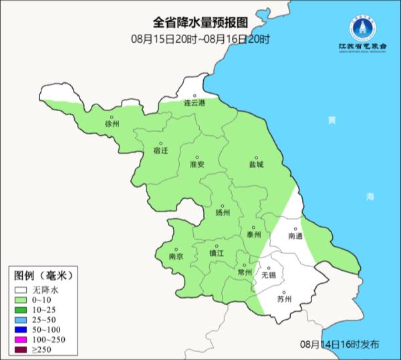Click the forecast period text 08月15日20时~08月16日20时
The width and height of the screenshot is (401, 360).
click(200, 39)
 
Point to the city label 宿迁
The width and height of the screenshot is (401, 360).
click(160, 151)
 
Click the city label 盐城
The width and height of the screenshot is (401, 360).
click(256, 164)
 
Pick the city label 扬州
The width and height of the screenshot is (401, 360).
click(223, 213)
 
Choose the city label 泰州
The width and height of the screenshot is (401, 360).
click(253, 234)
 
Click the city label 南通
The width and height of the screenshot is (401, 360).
click(295, 236)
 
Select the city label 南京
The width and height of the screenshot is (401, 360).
click(176, 256)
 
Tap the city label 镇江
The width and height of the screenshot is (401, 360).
click(217, 254)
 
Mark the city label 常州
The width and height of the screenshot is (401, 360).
click(245, 272)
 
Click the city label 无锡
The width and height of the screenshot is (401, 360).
click(268, 275)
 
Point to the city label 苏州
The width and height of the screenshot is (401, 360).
click(285, 299)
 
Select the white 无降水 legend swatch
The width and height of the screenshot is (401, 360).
click(22, 291)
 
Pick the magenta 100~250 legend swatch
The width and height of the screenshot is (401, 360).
click(22, 341)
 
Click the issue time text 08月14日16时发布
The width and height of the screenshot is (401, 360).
click(340, 345)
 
